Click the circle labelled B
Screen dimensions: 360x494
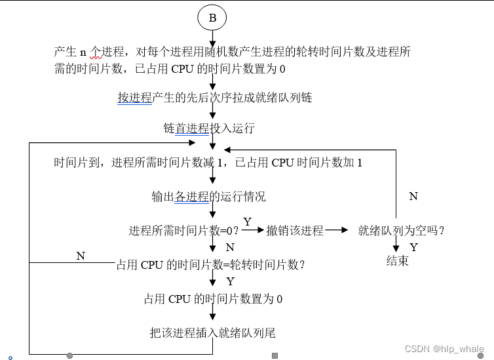click(212, 18)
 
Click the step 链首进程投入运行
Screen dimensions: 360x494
click(208, 129)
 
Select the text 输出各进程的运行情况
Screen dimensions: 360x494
click(208, 197)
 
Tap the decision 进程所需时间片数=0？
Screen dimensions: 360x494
click(183, 231)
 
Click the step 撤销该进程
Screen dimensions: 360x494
click(295, 231)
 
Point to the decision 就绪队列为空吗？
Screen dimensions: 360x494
click(402, 231)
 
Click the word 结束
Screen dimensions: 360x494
click(397, 261)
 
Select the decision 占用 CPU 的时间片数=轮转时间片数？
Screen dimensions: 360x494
click(210, 265)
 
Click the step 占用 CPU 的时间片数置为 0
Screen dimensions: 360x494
click(213, 299)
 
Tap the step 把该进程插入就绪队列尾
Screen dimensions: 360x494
click(212, 333)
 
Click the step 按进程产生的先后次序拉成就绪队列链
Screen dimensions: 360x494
click(215, 98)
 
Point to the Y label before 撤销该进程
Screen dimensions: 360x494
click(247, 222)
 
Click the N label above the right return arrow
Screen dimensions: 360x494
click(413, 196)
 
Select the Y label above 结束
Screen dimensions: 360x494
click(413, 247)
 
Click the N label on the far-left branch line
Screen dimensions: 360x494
click(81, 256)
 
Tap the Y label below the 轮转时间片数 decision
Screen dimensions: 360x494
click(230, 281)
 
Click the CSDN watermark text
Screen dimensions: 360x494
click(444, 350)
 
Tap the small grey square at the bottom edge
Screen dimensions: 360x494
click(275, 355)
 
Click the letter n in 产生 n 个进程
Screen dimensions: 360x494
click(83, 52)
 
